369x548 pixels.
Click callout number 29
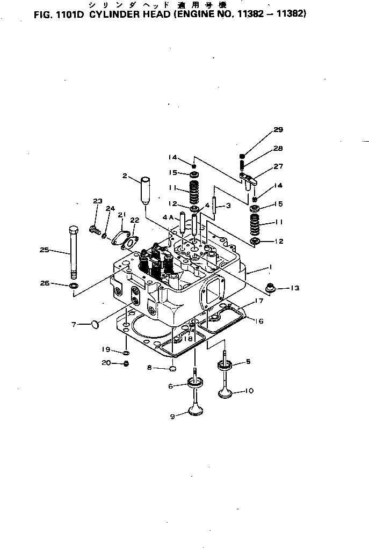click(278, 129)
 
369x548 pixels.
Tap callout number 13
click(294, 288)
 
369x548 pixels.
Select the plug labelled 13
click(271, 289)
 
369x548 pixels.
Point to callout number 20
click(106, 363)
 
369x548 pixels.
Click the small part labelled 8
click(173, 368)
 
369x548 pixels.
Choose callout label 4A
click(168, 218)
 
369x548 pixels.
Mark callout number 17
click(258, 302)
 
